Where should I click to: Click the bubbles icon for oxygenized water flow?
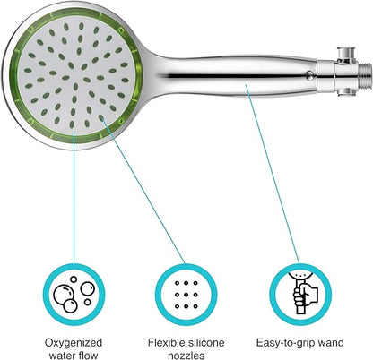pyautogui.click(x=74, y=295)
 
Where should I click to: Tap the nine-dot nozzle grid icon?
pyautogui.click(x=186, y=295)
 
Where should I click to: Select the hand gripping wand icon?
pyautogui.click(x=301, y=293)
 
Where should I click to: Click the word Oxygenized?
pyautogui.click(x=74, y=342)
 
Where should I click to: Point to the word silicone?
pyautogui.click(x=204, y=342)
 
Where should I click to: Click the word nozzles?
pyautogui.click(x=186, y=356)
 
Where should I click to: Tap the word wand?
pyautogui.click(x=330, y=342)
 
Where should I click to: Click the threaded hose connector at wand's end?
pyautogui.click(x=365, y=72)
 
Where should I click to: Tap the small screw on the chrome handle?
pyautogui.click(x=310, y=75)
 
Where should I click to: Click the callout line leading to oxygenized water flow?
pyautogui.click(x=74, y=197)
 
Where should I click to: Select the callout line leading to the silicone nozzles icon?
pyautogui.click(x=143, y=191)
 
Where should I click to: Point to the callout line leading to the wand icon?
pyautogui.click(x=273, y=175)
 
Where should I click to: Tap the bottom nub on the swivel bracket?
pyautogui.click(x=346, y=92)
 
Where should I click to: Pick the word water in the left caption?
pyautogui.click(x=62, y=356)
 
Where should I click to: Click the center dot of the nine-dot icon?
pyautogui.click(x=186, y=295)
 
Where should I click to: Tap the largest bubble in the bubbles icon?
pyautogui.click(x=63, y=294)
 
